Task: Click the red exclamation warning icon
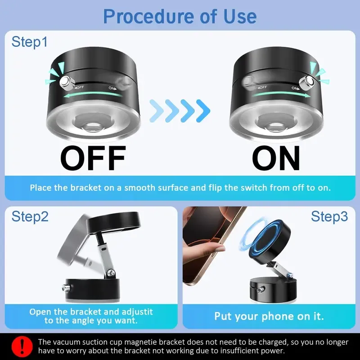[22, 346]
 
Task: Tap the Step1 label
[29, 42]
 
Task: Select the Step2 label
[30, 216]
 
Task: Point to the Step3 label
[329, 216]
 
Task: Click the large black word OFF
[93, 158]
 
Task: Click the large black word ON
[276, 158]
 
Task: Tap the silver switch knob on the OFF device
[66, 81]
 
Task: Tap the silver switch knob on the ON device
[308, 81]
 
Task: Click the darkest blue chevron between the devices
[203, 111]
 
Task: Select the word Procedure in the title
[149, 16]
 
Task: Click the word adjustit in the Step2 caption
[137, 312]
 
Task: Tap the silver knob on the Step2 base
[66, 287]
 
